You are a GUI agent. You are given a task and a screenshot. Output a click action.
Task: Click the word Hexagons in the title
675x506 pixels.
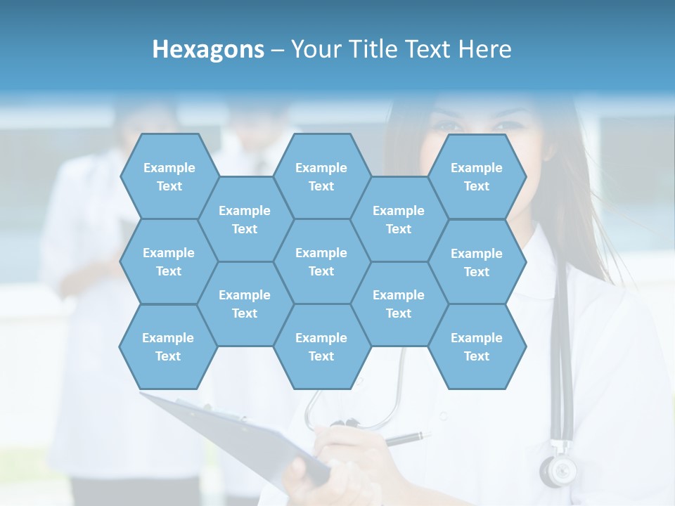point(208,49)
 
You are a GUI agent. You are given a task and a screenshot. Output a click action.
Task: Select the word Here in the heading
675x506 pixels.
point(484,49)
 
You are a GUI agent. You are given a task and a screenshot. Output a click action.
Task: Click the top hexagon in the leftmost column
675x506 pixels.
point(169,176)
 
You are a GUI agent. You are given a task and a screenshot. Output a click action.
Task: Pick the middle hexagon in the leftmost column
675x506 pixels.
point(169,261)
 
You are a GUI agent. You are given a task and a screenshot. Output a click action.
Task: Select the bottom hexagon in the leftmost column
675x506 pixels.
point(168,346)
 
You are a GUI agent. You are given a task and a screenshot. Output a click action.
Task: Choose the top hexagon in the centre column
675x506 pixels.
point(321,176)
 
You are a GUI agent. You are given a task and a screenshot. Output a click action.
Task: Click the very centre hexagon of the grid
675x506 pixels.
point(321,261)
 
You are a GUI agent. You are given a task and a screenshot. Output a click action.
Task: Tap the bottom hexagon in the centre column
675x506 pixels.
point(321,346)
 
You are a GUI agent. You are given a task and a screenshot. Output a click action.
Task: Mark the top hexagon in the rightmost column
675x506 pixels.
point(477,176)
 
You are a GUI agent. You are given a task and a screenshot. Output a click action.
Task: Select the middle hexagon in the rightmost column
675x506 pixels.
point(477,262)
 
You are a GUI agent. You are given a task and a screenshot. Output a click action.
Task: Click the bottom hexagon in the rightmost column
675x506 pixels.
point(477,346)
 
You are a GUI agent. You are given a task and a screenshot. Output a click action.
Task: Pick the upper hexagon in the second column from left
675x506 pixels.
point(245,219)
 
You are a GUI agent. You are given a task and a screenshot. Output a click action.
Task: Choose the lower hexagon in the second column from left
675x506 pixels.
point(245,304)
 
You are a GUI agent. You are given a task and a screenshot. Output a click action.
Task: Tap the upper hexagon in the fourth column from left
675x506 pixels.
point(399,219)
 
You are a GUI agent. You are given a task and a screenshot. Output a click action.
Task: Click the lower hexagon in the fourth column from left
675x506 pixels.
point(399,304)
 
